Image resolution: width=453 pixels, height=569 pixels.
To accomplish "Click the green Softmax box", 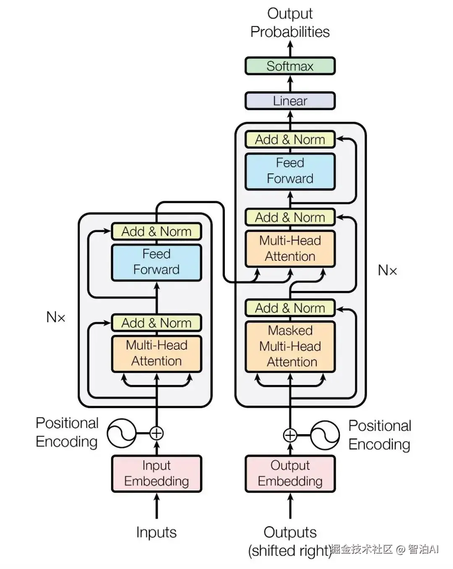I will click(x=290, y=66).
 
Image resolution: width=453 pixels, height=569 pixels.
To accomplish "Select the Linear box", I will click(x=290, y=101).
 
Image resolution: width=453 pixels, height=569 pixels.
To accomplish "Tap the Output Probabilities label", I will click(x=290, y=23).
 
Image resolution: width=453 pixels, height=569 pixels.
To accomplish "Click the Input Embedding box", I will click(x=156, y=473).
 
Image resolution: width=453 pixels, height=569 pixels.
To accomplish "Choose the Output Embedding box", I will click(x=290, y=473).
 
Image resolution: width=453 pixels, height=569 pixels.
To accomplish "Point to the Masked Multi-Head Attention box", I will click(x=290, y=346).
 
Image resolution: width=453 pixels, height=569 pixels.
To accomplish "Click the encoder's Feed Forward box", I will click(x=156, y=262).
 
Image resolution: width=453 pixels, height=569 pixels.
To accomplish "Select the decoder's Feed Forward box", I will click(x=290, y=171).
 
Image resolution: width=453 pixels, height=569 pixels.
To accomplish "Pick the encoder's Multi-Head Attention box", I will click(x=156, y=353).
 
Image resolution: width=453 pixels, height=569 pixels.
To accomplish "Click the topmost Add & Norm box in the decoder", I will click(x=290, y=139).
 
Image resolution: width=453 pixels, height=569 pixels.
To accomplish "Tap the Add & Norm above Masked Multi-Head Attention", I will click(x=290, y=308).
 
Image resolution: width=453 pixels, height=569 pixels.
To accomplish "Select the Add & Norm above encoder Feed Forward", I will click(x=156, y=231).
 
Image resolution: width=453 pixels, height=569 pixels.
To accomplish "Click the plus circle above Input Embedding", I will click(x=156, y=433).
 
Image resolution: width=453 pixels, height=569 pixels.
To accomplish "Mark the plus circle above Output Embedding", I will click(x=290, y=435).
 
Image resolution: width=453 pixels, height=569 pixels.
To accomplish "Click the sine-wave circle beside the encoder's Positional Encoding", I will click(x=122, y=433).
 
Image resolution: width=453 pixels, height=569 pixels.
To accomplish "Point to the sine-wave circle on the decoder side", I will click(x=325, y=435).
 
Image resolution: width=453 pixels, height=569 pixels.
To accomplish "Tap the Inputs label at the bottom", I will click(x=156, y=532).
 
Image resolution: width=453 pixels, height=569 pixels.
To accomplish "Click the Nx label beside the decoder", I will click(x=387, y=270).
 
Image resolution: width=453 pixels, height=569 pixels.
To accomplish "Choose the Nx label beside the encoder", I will click(x=56, y=317).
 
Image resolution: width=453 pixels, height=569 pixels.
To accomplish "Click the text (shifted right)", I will click(x=290, y=551).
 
